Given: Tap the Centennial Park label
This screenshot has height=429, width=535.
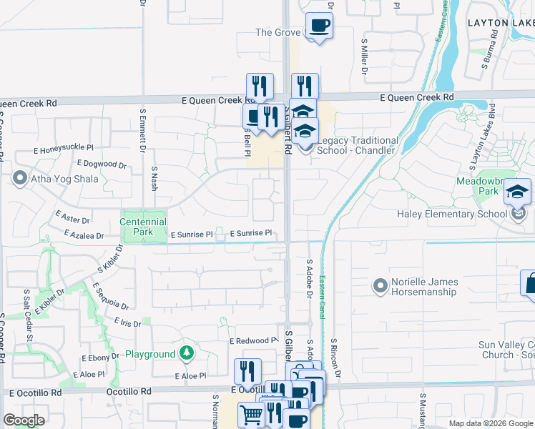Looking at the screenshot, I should pos(143,227).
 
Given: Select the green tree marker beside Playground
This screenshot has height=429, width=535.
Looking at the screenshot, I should pos(187,352).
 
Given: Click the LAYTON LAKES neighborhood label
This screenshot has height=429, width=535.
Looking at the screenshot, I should pos(501,22).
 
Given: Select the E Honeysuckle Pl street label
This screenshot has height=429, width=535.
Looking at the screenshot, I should pos(64,149).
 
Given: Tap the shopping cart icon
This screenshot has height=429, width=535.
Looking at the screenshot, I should pos(250,414).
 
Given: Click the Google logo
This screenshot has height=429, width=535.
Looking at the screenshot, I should pos(24,420).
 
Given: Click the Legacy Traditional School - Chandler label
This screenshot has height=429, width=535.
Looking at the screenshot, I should pos(357,145).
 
